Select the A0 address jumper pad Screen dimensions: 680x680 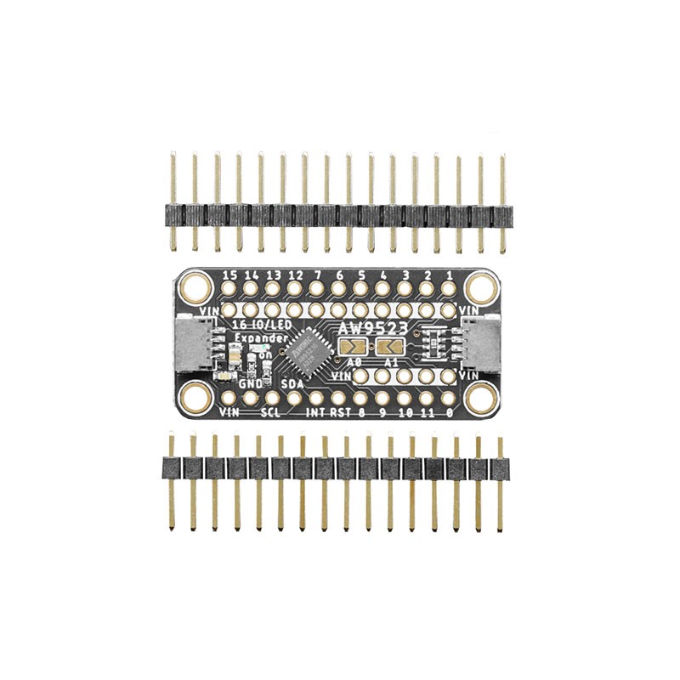tap(353, 346)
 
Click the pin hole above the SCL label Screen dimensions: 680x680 tap(272, 397)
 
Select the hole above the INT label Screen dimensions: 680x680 tap(316, 397)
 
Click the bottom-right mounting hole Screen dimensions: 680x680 tap(481, 395)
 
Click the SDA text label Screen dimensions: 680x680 tap(292, 385)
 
